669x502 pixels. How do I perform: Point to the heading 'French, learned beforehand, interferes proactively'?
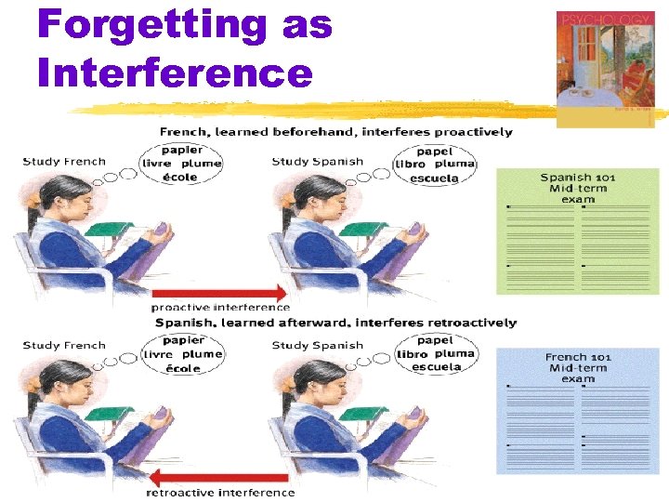(x=335, y=132)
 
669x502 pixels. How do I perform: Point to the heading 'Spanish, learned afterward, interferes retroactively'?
(x=335, y=323)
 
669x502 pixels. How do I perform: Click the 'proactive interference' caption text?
(x=220, y=307)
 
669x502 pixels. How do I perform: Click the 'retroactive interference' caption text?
(x=222, y=493)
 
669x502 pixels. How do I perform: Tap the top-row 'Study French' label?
(x=64, y=162)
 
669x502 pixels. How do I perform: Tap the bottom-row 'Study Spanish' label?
(x=317, y=346)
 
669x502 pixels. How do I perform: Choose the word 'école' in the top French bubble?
(x=180, y=177)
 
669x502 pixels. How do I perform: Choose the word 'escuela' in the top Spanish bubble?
(x=435, y=178)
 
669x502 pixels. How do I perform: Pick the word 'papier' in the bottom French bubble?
(x=182, y=340)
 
